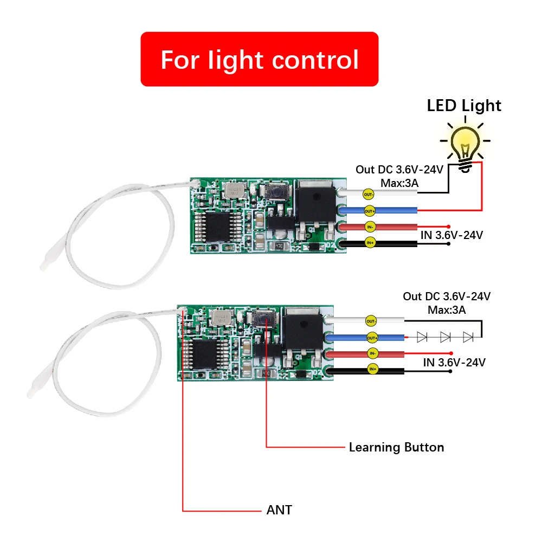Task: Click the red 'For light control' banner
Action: pyautogui.click(x=259, y=59)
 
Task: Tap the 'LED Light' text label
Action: pyautogui.click(x=464, y=106)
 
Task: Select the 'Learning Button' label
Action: pyautogui.click(x=396, y=448)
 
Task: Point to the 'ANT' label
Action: pyautogui.click(x=279, y=510)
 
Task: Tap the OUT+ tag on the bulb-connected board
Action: pyautogui.click(x=369, y=210)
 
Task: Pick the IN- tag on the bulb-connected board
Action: pyautogui.click(x=369, y=227)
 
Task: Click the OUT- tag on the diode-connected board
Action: pyautogui.click(x=371, y=321)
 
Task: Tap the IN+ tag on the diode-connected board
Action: pyautogui.click(x=372, y=370)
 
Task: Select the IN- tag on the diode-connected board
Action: pyautogui.click(x=372, y=353)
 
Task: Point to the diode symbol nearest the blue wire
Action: pyautogui.click(x=421, y=337)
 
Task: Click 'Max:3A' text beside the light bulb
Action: pyautogui.click(x=399, y=183)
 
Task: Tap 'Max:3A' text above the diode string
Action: pyautogui.click(x=447, y=310)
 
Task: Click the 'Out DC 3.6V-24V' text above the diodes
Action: pyautogui.click(x=447, y=296)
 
